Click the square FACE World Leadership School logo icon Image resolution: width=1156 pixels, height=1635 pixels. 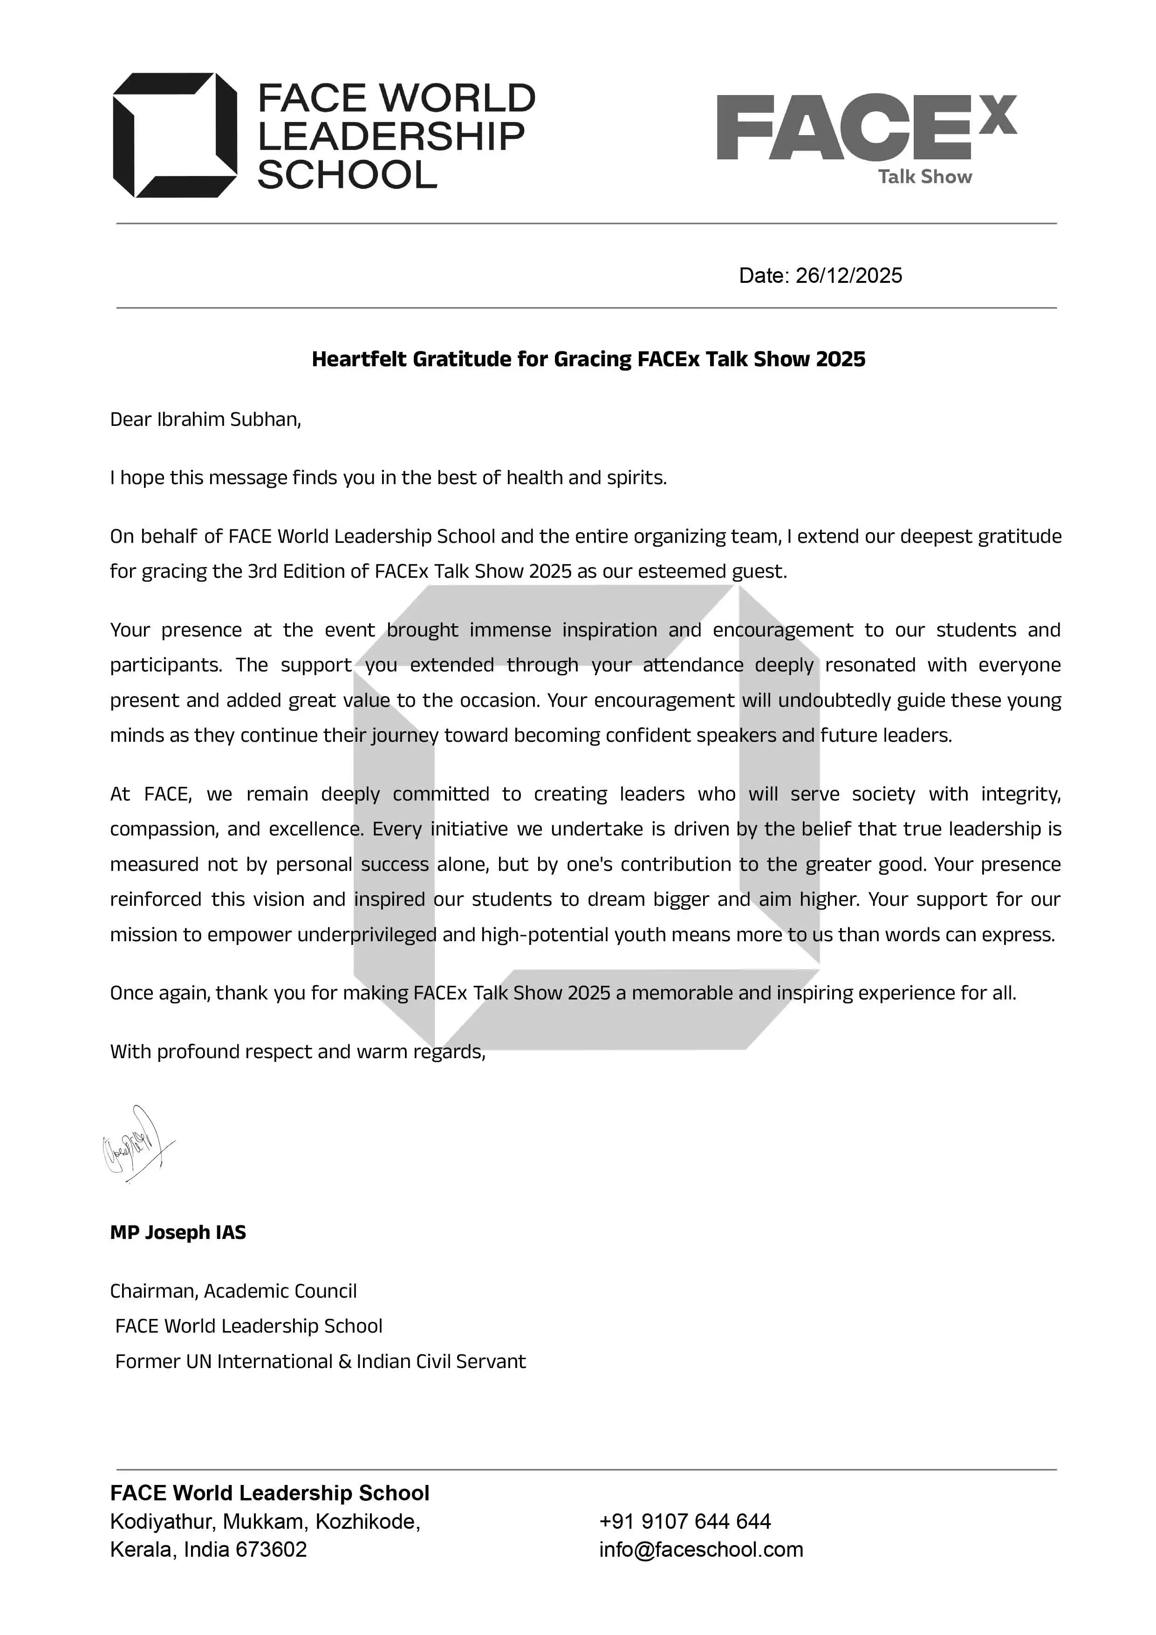[x=175, y=135]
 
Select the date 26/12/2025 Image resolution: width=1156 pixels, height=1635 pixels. [x=848, y=275]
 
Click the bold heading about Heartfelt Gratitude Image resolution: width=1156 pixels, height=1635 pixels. [x=588, y=359]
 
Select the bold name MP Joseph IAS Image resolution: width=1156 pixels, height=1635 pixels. [x=178, y=1233]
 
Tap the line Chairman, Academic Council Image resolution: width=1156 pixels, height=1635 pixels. [x=233, y=1291]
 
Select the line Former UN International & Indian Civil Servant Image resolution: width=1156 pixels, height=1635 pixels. [x=321, y=1361]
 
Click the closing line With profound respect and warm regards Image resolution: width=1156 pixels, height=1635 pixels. [x=298, y=1052]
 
